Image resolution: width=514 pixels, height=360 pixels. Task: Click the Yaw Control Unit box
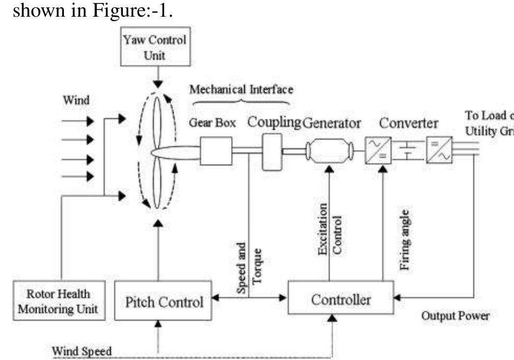click(x=155, y=47)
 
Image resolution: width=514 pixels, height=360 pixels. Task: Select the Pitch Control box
click(x=163, y=301)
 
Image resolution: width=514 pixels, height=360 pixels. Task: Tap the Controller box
click(x=341, y=298)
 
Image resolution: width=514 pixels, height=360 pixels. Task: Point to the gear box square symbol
click(x=216, y=151)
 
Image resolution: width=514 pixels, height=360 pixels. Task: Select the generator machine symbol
click(x=329, y=152)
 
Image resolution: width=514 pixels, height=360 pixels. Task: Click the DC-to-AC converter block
click(x=438, y=150)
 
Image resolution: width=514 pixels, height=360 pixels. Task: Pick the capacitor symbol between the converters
click(x=407, y=150)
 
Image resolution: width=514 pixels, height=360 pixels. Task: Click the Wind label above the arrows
click(x=77, y=100)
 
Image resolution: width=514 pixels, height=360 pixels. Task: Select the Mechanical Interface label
click(x=241, y=89)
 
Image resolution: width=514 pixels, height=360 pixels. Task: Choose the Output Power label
click(x=455, y=316)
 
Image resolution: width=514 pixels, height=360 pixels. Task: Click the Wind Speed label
click(x=82, y=351)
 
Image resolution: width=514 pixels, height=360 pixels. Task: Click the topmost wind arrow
click(x=78, y=120)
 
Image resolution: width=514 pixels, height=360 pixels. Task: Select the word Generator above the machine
click(x=332, y=123)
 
